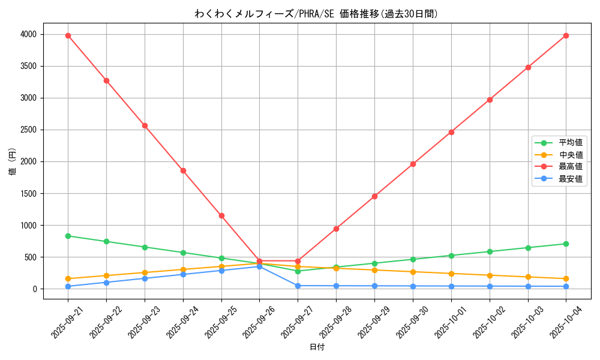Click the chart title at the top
(x=317, y=14)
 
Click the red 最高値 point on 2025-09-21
(x=68, y=35)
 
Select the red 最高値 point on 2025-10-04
(x=566, y=35)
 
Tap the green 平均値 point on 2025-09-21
(x=68, y=236)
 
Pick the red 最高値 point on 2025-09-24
(x=183, y=170)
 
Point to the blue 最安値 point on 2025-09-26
(x=259, y=266)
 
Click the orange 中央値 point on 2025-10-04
(x=566, y=278)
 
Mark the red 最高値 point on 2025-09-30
(x=413, y=164)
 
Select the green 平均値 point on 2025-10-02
(x=490, y=251)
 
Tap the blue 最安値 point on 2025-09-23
(x=145, y=278)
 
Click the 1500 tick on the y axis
(x=29, y=194)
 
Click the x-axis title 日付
(x=317, y=347)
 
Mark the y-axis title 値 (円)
(x=12, y=162)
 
